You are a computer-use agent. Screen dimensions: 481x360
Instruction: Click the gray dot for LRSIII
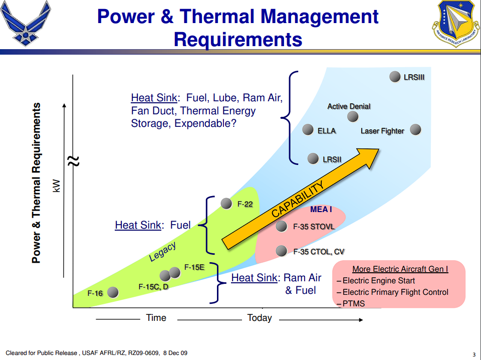tap(395, 76)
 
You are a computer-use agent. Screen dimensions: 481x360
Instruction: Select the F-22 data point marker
tap(226, 203)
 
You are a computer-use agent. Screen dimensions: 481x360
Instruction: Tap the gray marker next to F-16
tap(113, 292)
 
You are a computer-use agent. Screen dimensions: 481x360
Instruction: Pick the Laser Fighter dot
tap(415, 129)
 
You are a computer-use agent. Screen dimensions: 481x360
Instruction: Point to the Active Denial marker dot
tap(353, 116)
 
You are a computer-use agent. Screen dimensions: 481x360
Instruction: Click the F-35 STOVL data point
tap(281, 227)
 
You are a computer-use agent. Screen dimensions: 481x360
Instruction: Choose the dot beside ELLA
tap(308, 129)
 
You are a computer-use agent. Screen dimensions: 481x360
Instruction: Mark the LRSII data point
tap(313, 158)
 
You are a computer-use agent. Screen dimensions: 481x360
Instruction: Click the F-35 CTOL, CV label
tap(319, 252)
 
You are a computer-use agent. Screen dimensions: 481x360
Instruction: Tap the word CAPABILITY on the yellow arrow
tap(298, 199)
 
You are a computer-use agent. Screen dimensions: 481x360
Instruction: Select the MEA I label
tap(321, 209)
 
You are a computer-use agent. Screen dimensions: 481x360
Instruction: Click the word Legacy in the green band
tap(162, 251)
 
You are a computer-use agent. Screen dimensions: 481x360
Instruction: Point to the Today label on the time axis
tap(260, 318)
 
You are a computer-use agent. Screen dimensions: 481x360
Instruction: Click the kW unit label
tap(57, 186)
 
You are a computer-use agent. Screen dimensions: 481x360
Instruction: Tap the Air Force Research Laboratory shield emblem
tap(455, 24)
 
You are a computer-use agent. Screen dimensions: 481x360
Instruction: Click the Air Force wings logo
tap(26, 24)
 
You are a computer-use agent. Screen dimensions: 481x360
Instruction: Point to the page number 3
tap(474, 355)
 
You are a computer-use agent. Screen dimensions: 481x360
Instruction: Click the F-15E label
tap(194, 267)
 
